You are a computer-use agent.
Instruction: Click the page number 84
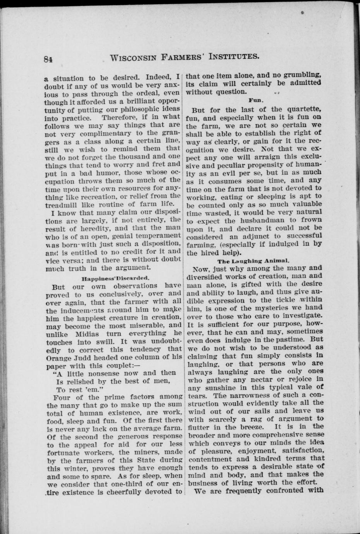[48, 59]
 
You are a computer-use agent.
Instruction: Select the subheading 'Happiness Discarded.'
[115, 278]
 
